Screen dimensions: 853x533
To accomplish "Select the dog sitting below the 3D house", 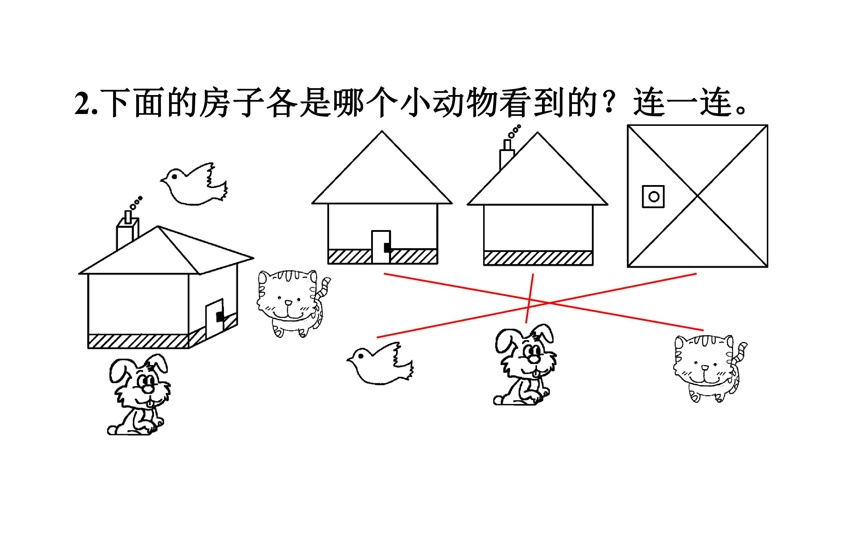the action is (x=139, y=394).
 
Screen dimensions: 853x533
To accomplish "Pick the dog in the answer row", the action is (x=525, y=365).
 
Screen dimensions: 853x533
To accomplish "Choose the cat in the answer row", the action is (x=710, y=368).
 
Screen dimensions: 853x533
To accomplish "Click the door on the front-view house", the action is (x=381, y=247).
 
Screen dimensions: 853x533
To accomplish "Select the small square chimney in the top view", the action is (x=653, y=196).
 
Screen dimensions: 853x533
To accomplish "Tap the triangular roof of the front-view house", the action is (x=382, y=176).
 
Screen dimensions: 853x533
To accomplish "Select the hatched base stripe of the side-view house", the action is (x=538, y=258).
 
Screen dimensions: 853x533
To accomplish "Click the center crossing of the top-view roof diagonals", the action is (x=698, y=196).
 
